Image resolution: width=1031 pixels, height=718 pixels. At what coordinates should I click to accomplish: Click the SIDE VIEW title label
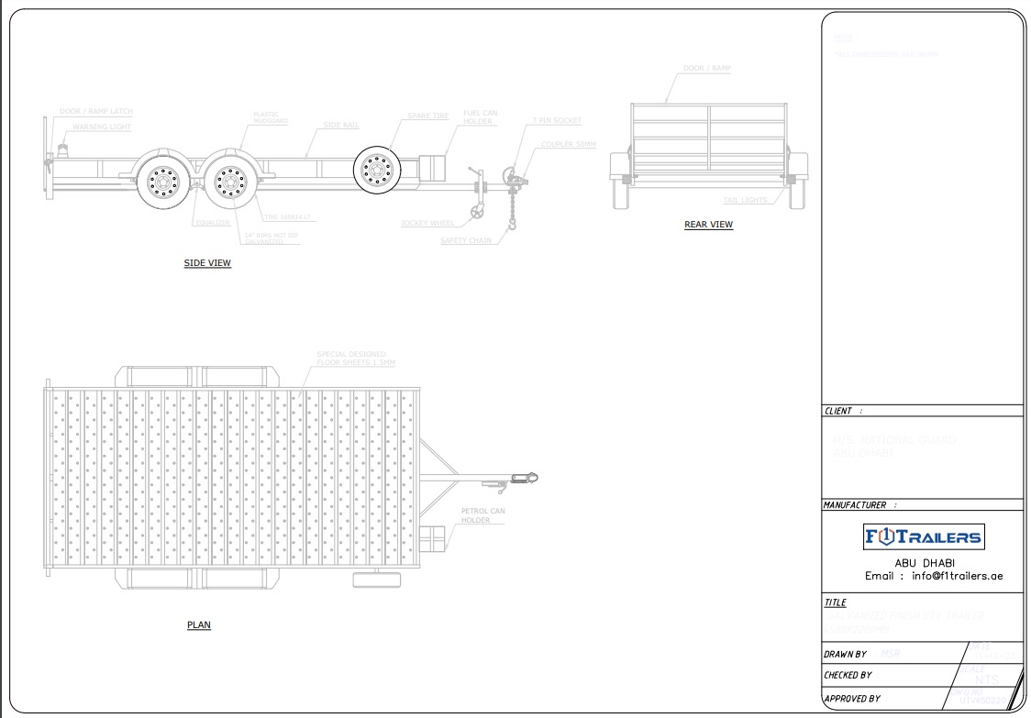point(207,263)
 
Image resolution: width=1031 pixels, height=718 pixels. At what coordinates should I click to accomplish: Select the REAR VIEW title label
point(708,225)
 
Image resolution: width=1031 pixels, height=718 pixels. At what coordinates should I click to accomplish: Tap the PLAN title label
point(199,625)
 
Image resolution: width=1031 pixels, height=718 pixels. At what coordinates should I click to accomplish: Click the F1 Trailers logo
point(923,537)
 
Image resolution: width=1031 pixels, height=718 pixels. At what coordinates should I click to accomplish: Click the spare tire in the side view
point(375,170)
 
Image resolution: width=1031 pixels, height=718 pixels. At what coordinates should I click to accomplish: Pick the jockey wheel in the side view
point(477,215)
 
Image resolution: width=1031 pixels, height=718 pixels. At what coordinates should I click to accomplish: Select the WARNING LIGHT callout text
point(102,127)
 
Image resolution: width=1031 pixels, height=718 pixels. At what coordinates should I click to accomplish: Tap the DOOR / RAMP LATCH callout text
point(96,112)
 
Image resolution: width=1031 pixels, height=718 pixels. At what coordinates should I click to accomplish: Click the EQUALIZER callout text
point(213,223)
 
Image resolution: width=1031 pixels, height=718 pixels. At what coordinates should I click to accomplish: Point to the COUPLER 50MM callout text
point(568,145)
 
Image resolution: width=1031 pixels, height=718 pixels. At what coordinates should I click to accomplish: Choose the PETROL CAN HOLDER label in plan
point(482,515)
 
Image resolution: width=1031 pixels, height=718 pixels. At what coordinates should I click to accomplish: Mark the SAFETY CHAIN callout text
point(466,241)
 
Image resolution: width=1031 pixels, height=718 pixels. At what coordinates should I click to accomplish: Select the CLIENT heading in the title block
point(839,412)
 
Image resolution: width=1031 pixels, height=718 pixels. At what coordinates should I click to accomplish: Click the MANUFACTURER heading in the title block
point(855,505)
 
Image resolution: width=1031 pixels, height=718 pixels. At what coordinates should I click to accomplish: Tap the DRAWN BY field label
point(846,655)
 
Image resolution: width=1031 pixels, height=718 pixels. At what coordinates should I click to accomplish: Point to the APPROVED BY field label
point(852,699)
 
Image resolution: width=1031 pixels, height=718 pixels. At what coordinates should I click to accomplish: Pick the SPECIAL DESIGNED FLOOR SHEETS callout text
point(355,359)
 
